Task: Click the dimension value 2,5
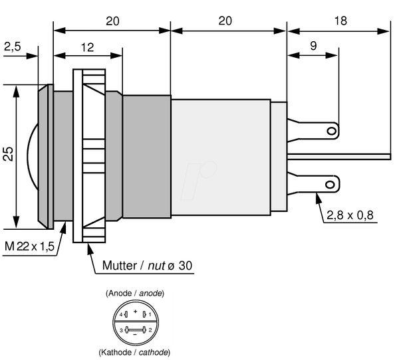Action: [x=13, y=46]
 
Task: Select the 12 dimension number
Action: [x=87, y=48]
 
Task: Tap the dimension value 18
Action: [x=340, y=21]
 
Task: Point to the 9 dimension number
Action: [x=313, y=46]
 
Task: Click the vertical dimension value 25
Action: [x=9, y=154]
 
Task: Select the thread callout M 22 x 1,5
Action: [x=29, y=246]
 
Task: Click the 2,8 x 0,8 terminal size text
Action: [x=350, y=215]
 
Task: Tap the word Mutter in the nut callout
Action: [x=120, y=266]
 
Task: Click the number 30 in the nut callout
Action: [x=186, y=266]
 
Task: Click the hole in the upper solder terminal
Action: [x=332, y=132]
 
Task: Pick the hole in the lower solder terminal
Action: [x=330, y=185]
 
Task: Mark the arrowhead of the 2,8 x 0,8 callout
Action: [x=318, y=198]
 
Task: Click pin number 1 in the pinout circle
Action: [x=150, y=314]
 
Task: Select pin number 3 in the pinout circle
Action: [x=122, y=330]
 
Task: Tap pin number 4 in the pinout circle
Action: [x=121, y=314]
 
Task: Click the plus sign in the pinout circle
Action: [x=136, y=312]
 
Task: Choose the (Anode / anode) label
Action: [x=135, y=294]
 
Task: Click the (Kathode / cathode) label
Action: [x=134, y=353]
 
